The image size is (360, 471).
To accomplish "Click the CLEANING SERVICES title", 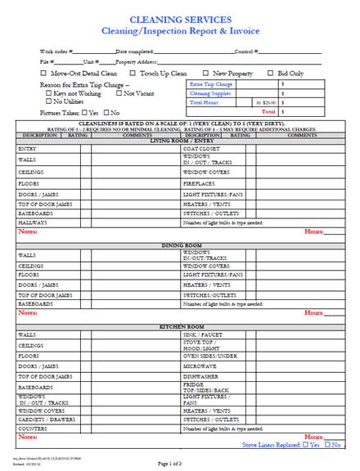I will (179, 18).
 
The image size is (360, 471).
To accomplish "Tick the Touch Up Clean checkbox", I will (133, 73).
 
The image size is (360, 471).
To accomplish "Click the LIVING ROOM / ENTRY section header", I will (179, 141).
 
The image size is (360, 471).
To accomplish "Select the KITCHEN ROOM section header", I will (179, 326).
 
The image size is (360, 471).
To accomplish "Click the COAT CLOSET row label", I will (200, 148).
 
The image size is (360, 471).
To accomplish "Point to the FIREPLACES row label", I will (200, 185).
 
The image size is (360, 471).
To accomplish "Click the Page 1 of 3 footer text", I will (180, 463).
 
